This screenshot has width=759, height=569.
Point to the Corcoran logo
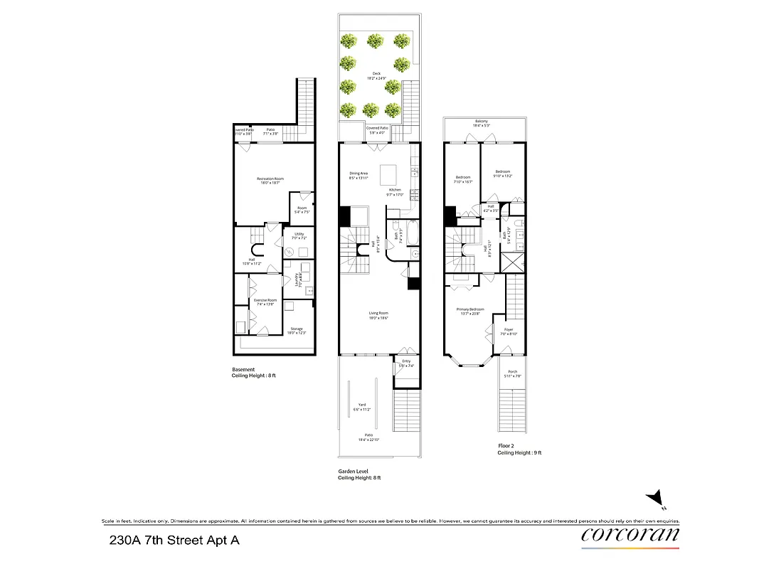click(630, 535)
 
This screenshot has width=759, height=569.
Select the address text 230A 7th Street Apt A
click(174, 541)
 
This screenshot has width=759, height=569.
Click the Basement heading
click(243, 369)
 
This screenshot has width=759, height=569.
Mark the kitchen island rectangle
click(388, 174)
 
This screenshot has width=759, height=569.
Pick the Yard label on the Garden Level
click(362, 407)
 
